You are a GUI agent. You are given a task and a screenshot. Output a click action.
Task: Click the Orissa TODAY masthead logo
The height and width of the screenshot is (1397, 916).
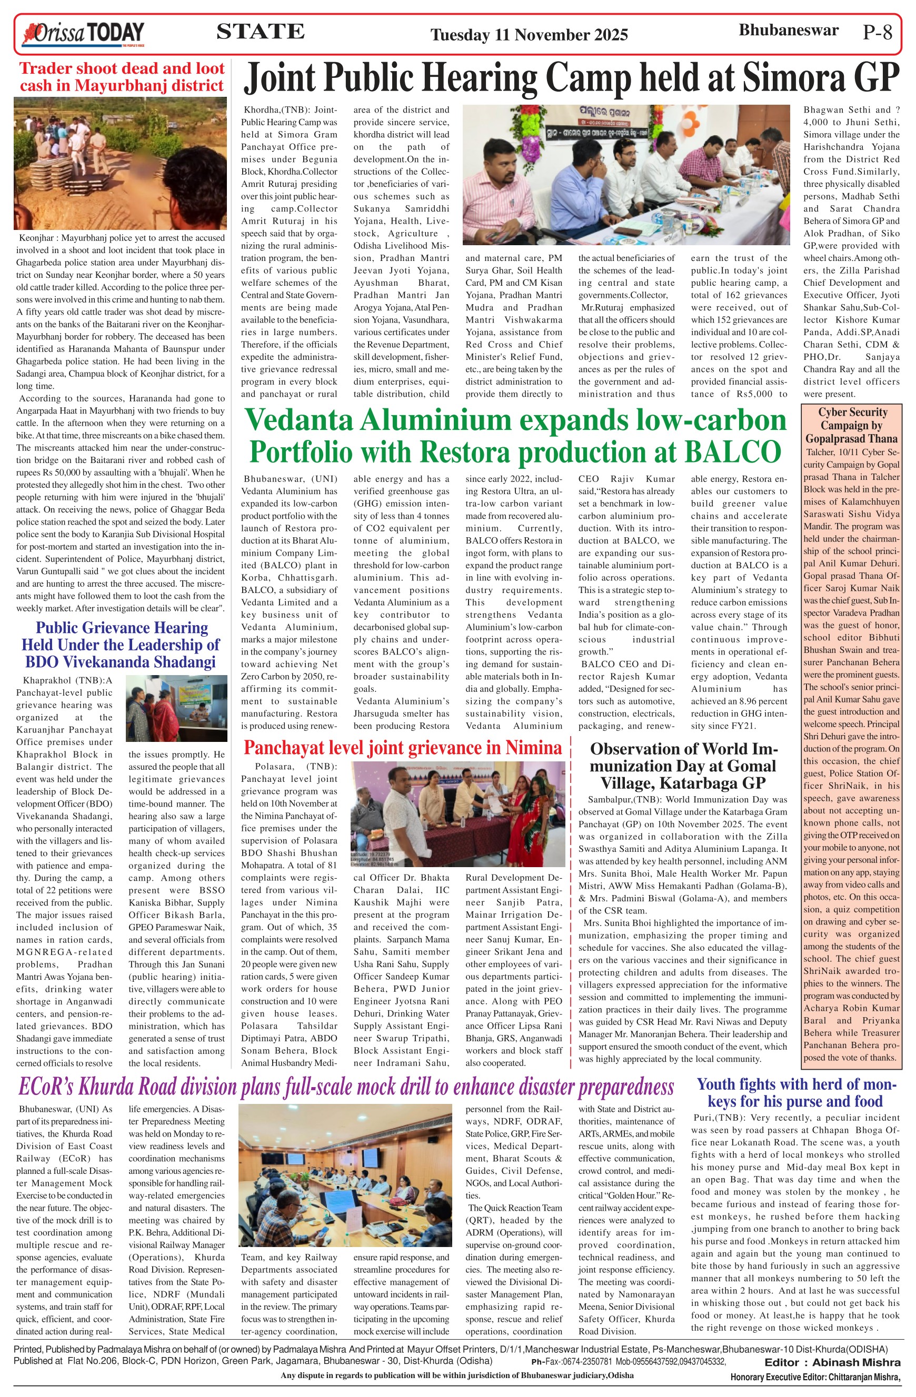82,34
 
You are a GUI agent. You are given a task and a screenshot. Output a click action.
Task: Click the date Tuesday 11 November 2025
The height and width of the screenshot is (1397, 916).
529,35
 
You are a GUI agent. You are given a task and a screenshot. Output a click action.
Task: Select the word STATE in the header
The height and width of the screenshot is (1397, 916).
260,32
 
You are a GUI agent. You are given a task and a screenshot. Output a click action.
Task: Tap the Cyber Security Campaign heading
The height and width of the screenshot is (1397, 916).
851,425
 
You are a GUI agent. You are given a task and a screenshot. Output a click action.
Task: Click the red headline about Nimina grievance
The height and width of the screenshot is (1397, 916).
402,747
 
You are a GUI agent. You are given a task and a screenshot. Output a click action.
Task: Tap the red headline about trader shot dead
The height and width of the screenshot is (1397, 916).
122,77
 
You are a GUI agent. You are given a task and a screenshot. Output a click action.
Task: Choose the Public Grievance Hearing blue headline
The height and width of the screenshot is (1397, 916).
122,645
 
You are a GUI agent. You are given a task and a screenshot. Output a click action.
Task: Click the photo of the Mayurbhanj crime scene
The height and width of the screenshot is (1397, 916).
121,163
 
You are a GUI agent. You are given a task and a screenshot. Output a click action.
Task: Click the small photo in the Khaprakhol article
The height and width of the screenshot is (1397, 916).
176,708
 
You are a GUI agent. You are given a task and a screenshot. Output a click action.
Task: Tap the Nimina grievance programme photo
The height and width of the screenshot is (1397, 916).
457,813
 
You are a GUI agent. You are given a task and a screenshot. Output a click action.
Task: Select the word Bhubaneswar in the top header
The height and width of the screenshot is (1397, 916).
788,31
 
